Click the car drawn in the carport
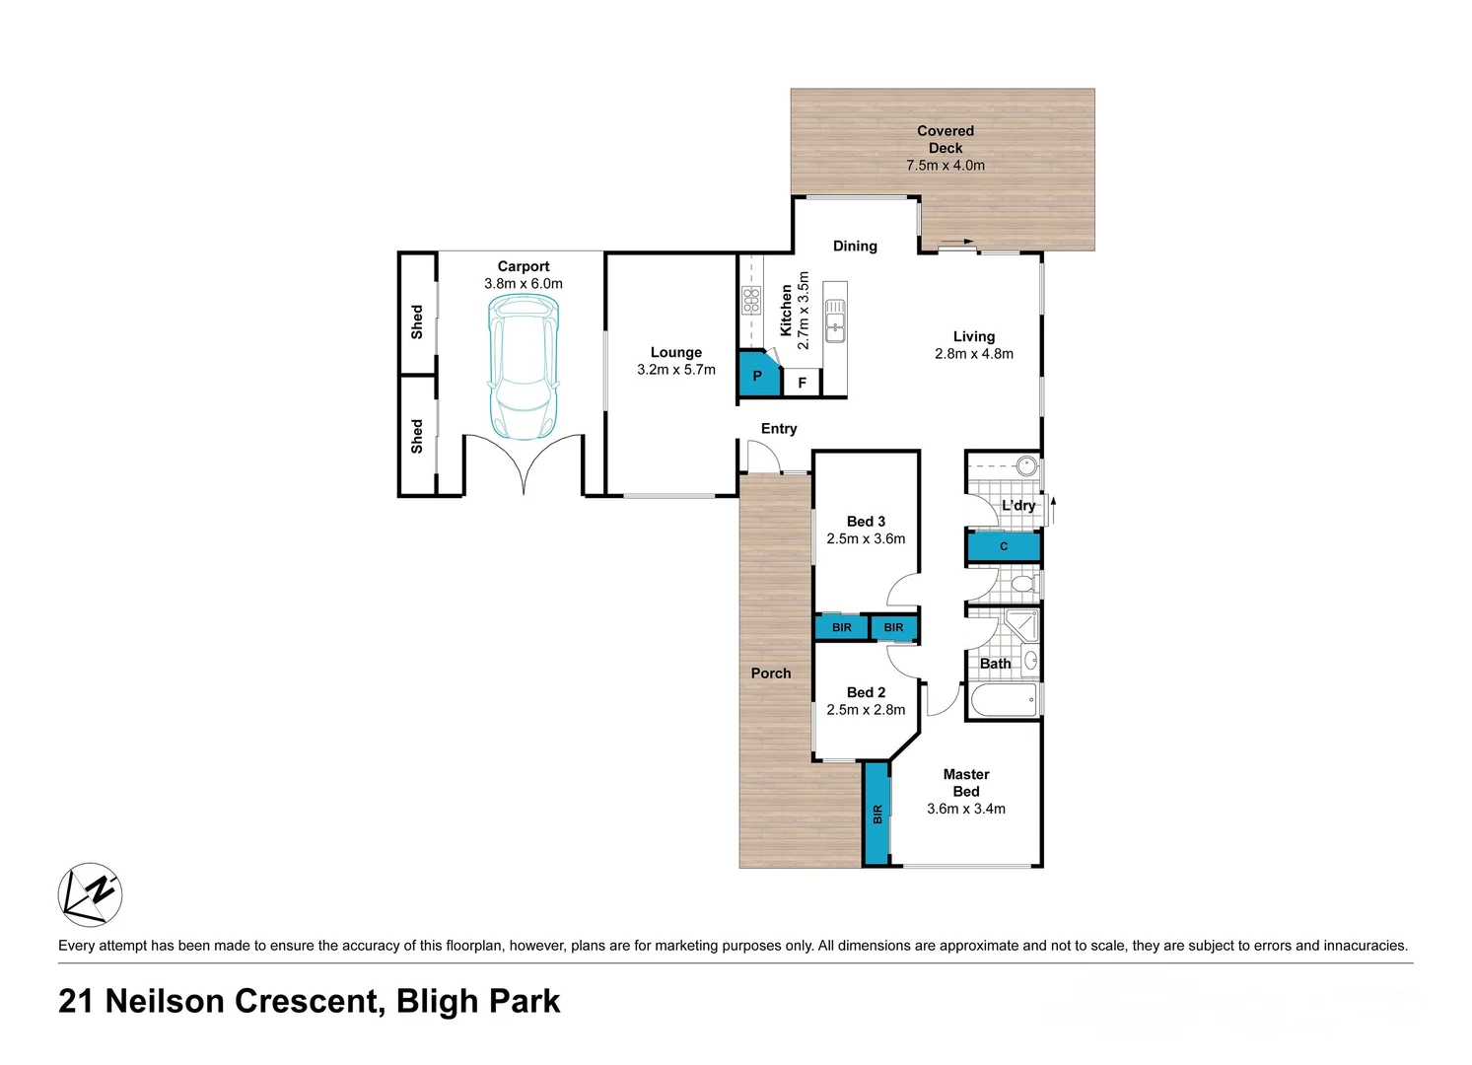pos(524,367)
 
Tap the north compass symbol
pos(90,894)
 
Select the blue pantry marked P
pos(759,374)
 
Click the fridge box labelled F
pos(802,383)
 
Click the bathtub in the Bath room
pos(1004,699)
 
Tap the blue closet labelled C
pos(1004,546)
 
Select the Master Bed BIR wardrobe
pos(876,814)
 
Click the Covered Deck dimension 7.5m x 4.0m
pos(946,166)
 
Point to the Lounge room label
pos(676,352)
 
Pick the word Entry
pos(779,429)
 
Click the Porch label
pos(771,674)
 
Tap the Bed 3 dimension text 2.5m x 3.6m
pos(866,539)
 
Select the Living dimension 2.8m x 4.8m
pos(974,354)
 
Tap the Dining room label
pos(855,247)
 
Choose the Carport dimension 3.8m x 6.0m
pos(524,284)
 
